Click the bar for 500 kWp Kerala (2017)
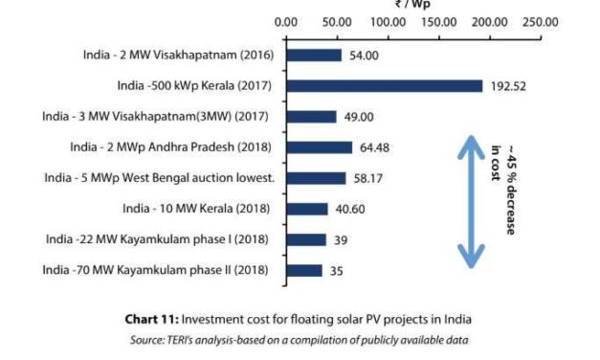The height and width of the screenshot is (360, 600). click(x=383, y=86)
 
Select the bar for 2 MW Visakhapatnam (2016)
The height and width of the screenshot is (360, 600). click(x=313, y=56)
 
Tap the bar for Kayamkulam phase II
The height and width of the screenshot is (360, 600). click(x=303, y=270)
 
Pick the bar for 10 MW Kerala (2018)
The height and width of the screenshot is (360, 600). click(x=306, y=209)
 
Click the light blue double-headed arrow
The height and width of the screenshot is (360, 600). click(x=468, y=201)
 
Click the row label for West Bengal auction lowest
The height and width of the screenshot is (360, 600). click(x=160, y=178)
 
